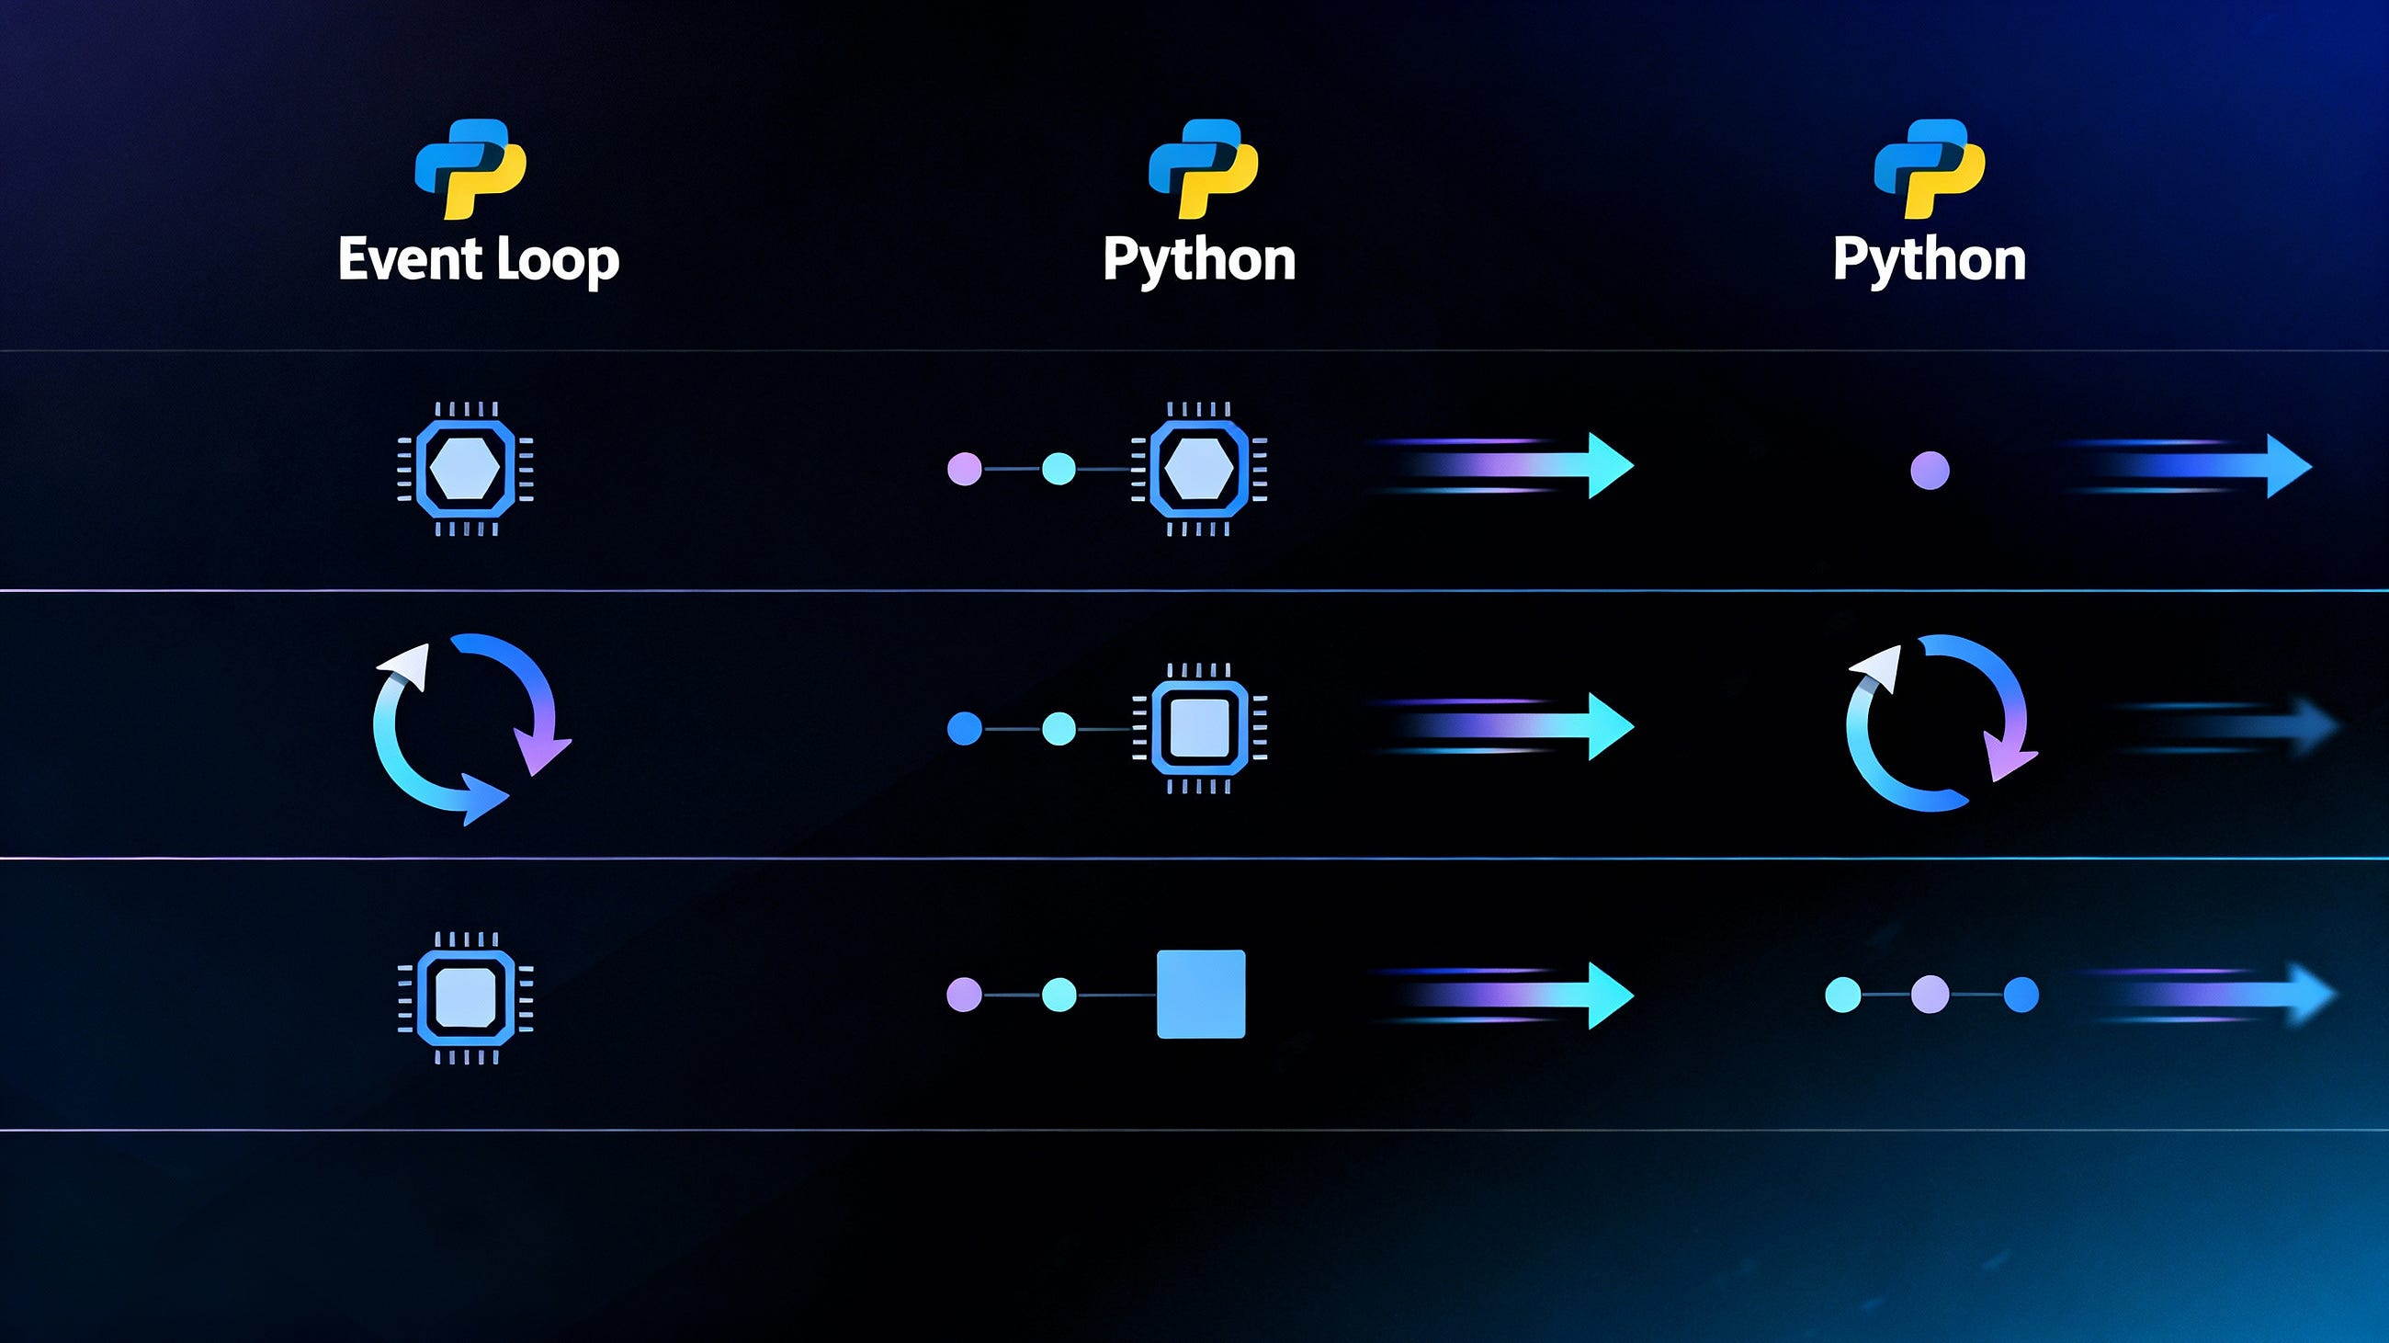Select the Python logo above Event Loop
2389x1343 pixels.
click(470, 169)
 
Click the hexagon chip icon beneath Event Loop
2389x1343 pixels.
click(465, 470)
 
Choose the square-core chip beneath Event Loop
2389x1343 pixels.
click(465, 997)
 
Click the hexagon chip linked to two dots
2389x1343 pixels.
click(1199, 470)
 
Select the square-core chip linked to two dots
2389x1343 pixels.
click(1199, 729)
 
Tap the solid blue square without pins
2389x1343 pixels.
click(1201, 995)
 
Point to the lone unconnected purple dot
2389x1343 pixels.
click(1930, 471)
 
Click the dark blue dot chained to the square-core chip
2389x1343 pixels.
click(965, 729)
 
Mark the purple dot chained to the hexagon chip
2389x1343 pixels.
click(965, 469)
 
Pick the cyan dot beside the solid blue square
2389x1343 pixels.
click(1059, 996)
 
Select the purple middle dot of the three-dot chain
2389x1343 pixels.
click(1930, 996)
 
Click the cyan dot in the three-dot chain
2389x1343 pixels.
click(1843, 996)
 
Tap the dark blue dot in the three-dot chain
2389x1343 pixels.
click(2021, 996)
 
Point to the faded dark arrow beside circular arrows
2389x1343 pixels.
click(2225, 726)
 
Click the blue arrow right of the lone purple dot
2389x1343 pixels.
click(2189, 467)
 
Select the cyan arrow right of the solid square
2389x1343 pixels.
click(1502, 996)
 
